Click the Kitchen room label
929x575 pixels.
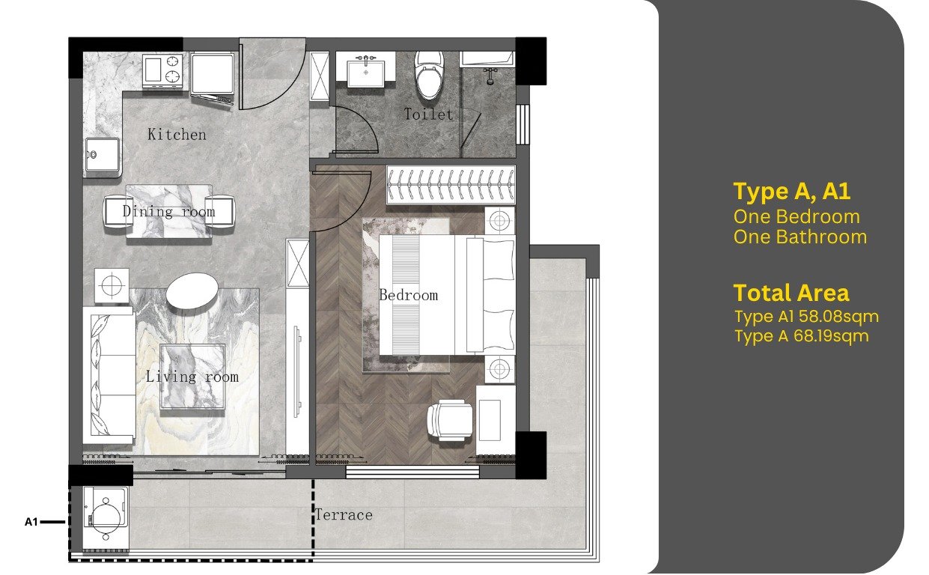click(177, 135)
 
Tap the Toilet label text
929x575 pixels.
click(428, 114)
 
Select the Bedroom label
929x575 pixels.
click(409, 295)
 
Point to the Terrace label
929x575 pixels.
click(344, 515)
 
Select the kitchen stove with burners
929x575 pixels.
click(162, 70)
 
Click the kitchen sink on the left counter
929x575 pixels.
click(102, 155)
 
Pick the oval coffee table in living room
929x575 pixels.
click(192, 290)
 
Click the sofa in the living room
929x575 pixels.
click(109, 376)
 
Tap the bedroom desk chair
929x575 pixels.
click(450, 420)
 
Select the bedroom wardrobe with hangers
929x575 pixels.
click(451, 184)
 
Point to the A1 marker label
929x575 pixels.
click(31, 522)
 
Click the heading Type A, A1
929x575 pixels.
click(792, 191)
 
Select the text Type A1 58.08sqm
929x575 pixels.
click(807, 317)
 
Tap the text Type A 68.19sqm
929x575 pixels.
click(802, 336)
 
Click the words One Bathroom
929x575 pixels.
click(800, 237)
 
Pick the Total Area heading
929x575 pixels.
click(791, 293)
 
